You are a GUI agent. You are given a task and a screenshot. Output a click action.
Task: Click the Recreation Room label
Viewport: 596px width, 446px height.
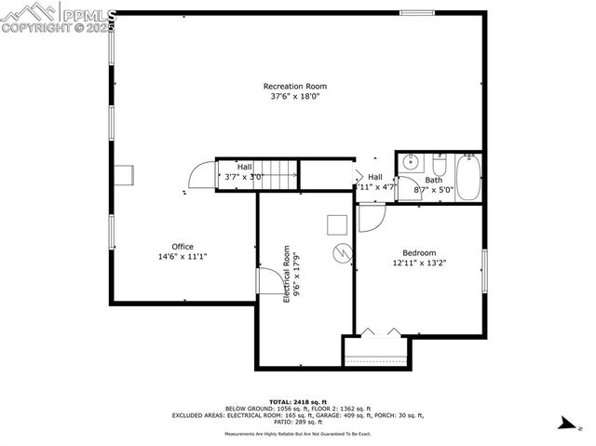[294, 87]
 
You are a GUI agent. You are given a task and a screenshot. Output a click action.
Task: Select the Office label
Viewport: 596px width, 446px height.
[182, 247]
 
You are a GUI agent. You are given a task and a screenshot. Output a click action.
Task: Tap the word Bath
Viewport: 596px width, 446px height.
[434, 181]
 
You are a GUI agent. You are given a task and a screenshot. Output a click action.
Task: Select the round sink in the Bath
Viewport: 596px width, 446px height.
[409, 162]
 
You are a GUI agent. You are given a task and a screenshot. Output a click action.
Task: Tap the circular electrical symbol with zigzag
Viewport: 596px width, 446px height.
[343, 253]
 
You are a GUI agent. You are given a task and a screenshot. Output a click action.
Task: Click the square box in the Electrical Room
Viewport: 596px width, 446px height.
[335, 223]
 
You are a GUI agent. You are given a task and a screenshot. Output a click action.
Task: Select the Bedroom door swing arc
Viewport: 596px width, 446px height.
[371, 216]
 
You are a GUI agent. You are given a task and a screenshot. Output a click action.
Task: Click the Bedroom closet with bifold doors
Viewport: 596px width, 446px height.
[376, 348]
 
